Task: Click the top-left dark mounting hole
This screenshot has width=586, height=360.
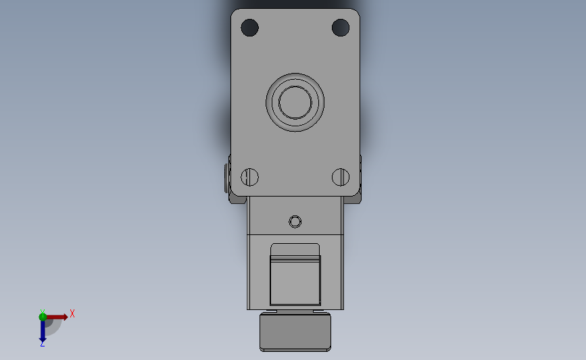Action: [249, 28]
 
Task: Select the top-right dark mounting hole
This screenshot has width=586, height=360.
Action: [341, 28]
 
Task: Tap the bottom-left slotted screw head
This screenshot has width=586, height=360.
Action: [249, 177]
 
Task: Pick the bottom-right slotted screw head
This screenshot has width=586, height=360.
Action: [341, 177]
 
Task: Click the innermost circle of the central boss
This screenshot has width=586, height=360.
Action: [295, 102]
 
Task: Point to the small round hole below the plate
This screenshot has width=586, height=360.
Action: [295, 222]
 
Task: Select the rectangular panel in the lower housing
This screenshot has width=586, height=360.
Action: [295, 280]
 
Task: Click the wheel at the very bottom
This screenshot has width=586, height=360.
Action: [295, 332]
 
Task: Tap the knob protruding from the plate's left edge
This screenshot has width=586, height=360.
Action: [227, 178]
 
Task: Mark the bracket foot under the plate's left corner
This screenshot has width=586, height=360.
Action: [238, 199]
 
